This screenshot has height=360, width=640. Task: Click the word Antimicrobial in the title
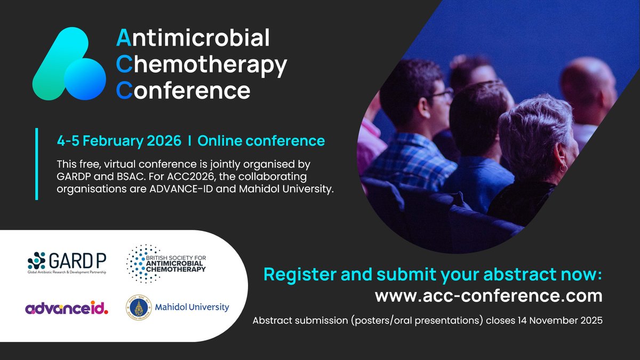(193, 38)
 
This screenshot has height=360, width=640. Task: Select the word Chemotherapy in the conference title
(202, 65)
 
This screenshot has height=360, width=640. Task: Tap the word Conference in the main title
(183, 90)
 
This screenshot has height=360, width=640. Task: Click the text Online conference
(261, 141)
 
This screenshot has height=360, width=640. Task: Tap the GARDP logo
(67, 262)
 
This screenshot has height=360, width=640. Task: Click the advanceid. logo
(66, 308)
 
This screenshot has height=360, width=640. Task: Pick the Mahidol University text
(192, 307)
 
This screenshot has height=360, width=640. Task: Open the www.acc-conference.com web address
(489, 295)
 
